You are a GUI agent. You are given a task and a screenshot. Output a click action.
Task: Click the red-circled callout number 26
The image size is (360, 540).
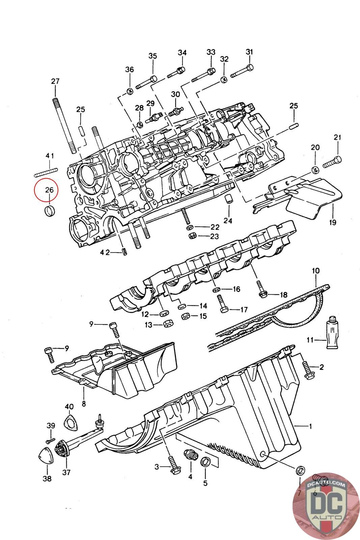[49, 190]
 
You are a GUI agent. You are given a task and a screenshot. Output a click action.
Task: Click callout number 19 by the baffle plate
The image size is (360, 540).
[333, 222]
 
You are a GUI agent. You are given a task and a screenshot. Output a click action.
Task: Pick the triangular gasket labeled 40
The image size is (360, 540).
[70, 422]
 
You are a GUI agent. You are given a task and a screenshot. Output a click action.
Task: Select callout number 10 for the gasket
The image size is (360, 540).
[316, 271]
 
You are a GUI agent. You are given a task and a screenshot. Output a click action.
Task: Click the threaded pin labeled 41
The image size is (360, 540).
[46, 172]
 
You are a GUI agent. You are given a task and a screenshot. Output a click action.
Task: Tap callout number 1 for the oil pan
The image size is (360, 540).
[310, 426]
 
